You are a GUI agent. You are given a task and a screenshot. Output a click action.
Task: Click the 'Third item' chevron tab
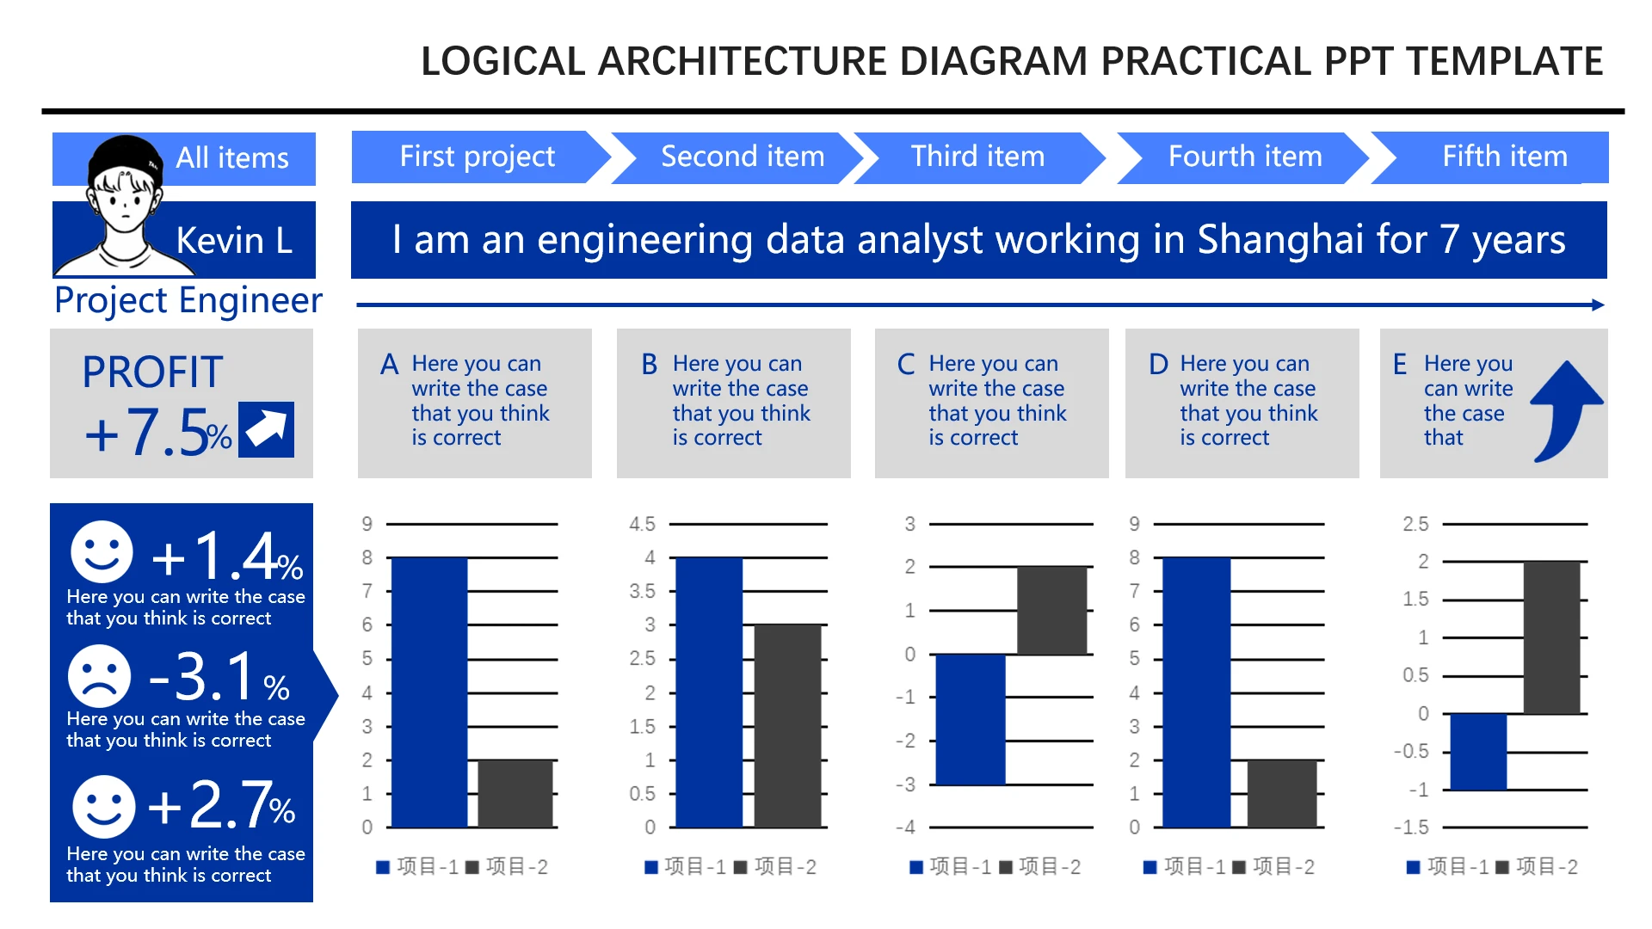point(979,157)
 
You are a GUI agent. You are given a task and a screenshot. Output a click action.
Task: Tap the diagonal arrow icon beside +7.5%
point(266,429)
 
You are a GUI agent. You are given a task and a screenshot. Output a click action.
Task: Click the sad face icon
point(100,676)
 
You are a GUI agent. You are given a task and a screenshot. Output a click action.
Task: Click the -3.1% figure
point(219,677)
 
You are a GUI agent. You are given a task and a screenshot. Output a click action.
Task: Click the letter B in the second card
point(650,365)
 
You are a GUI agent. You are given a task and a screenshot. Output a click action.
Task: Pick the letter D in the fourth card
point(1159,365)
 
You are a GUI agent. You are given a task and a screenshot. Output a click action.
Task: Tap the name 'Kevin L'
point(234,241)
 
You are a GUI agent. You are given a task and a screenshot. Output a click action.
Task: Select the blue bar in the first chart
point(429,692)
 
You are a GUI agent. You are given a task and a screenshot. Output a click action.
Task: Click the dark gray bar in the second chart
point(787,726)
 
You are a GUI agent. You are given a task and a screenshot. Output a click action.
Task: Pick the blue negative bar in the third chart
point(971,719)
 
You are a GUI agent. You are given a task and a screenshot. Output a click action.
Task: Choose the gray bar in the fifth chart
point(1551,637)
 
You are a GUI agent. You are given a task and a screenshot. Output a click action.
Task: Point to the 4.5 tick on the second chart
point(642,524)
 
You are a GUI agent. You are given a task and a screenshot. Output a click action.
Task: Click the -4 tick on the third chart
point(905,827)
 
